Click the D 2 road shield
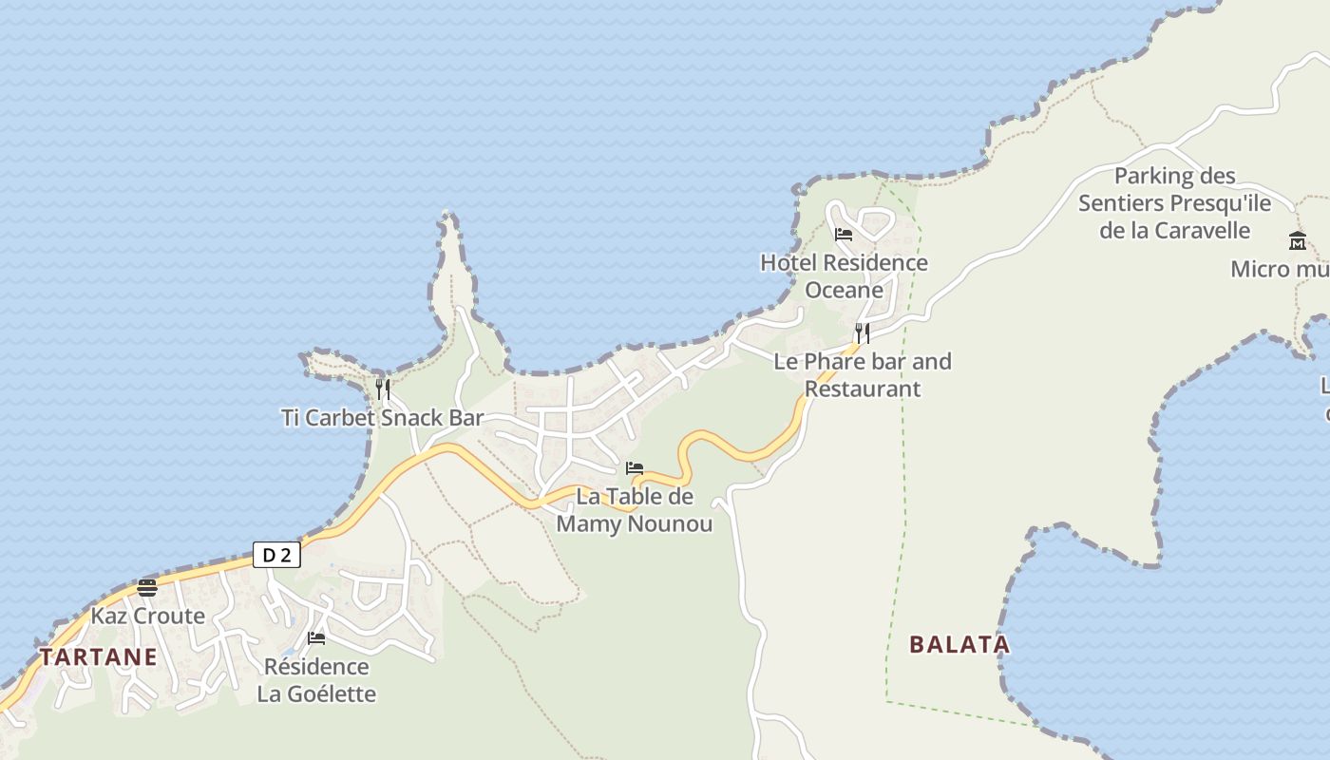[276, 555]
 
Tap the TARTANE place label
[98, 656]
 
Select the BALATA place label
[959, 644]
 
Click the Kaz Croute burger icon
[147, 587]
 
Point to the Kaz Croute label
[147, 616]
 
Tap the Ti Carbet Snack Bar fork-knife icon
[382, 389]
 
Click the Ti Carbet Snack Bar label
[383, 418]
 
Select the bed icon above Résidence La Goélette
[316, 637]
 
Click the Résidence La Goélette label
[316, 680]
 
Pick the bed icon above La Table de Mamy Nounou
[635, 468]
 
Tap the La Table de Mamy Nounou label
[635, 510]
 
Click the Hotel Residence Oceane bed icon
[844, 235]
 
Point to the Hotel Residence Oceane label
[844, 275]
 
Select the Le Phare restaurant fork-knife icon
[862, 332]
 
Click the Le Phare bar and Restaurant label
[863, 374]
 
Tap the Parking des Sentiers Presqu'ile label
[1175, 203]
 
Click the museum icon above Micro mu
[1298, 240]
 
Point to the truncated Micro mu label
[1280, 269]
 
